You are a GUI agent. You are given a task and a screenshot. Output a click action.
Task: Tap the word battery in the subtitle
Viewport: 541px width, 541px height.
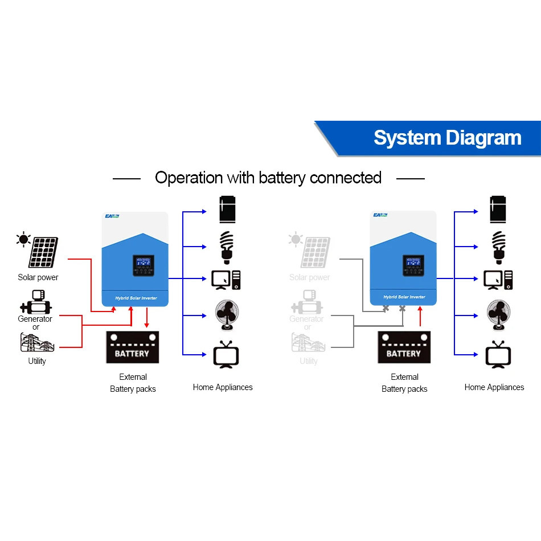pos(283,178)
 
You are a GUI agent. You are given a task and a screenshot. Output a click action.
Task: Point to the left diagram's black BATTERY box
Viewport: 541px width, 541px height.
pos(132,348)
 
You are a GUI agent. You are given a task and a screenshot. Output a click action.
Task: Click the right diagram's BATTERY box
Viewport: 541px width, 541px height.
pos(404,348)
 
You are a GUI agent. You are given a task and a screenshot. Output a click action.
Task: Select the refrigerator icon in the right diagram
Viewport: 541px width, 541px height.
pos(498,210)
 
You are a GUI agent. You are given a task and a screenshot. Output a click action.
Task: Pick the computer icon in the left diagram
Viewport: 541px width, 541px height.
pos(226,279)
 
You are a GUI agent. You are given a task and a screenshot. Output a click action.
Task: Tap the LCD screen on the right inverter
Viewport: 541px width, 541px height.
pos(412,264)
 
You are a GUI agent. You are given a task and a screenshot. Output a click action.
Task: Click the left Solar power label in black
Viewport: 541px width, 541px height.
pos(38,277)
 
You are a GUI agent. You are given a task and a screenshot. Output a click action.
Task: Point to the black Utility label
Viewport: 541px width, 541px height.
pos(37,361)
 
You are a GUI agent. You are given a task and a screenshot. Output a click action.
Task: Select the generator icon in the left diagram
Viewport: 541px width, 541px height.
pos(35,302)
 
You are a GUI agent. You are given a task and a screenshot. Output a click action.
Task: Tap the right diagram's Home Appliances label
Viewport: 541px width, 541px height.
pos(494,387)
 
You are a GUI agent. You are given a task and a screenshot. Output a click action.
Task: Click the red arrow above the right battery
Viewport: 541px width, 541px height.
pos(420,317)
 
